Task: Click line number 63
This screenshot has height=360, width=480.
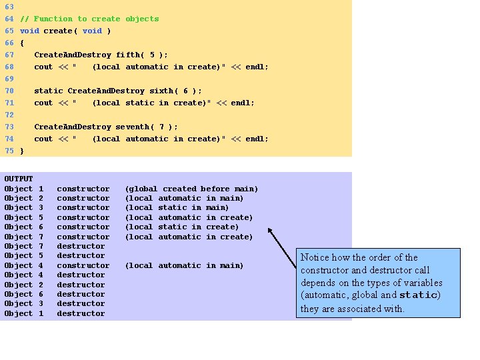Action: [9, 7]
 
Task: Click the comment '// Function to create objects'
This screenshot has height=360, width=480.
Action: [89, 19]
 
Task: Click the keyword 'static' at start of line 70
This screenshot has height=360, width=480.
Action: [49, 91]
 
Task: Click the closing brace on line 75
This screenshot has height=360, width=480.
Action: [22, 151]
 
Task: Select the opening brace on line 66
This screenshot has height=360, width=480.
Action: [22, 43]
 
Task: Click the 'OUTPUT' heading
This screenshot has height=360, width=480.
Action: [18, 179]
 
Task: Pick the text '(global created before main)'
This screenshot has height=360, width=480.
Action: [191, 189]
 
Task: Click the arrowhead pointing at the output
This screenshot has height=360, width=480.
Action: [271, 231]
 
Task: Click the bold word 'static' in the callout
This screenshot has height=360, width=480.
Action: [419, 295]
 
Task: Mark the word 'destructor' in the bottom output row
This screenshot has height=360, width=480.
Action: [81, 313]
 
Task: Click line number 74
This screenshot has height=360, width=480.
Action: [9, 139]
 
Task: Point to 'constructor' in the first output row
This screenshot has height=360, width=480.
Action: [83, 189]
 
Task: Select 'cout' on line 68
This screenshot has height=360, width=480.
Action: [43, 67]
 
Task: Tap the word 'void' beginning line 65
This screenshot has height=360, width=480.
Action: [29, 31]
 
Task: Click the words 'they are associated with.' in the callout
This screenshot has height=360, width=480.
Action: [352, 308]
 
